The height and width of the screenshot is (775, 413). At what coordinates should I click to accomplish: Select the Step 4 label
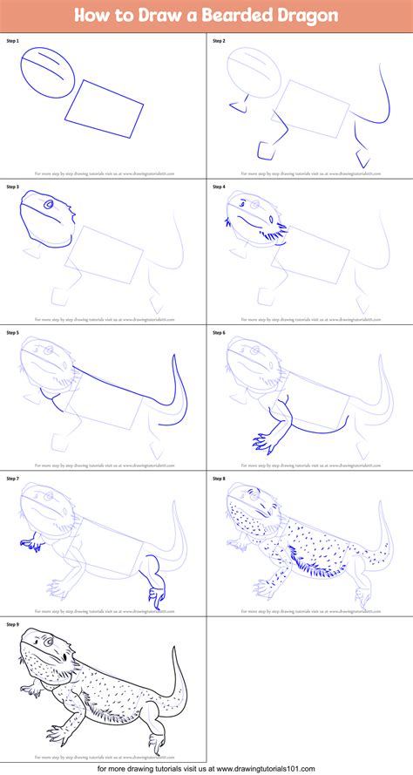coord(218,187)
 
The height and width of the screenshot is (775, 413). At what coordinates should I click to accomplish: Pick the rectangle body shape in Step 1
coord(104,108)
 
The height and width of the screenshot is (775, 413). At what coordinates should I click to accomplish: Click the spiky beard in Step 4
coord(274,234)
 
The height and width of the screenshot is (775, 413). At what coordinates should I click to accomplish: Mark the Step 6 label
coord(218,333)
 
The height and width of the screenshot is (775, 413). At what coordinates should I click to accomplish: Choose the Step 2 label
coord(218,41)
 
